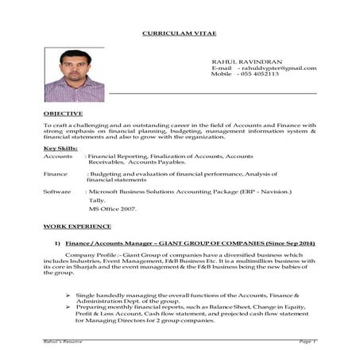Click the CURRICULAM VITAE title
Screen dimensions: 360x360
(x=180, y=34)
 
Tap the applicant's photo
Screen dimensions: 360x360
(x=74, y=75)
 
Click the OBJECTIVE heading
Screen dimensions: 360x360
(x=63, y=114)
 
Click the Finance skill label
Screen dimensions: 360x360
(x=56, y=173)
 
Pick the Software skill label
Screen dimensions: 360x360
(x=58, y=192)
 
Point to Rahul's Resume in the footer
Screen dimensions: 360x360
(x=63, y=340)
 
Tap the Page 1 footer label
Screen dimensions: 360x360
(x=308, y=340)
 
